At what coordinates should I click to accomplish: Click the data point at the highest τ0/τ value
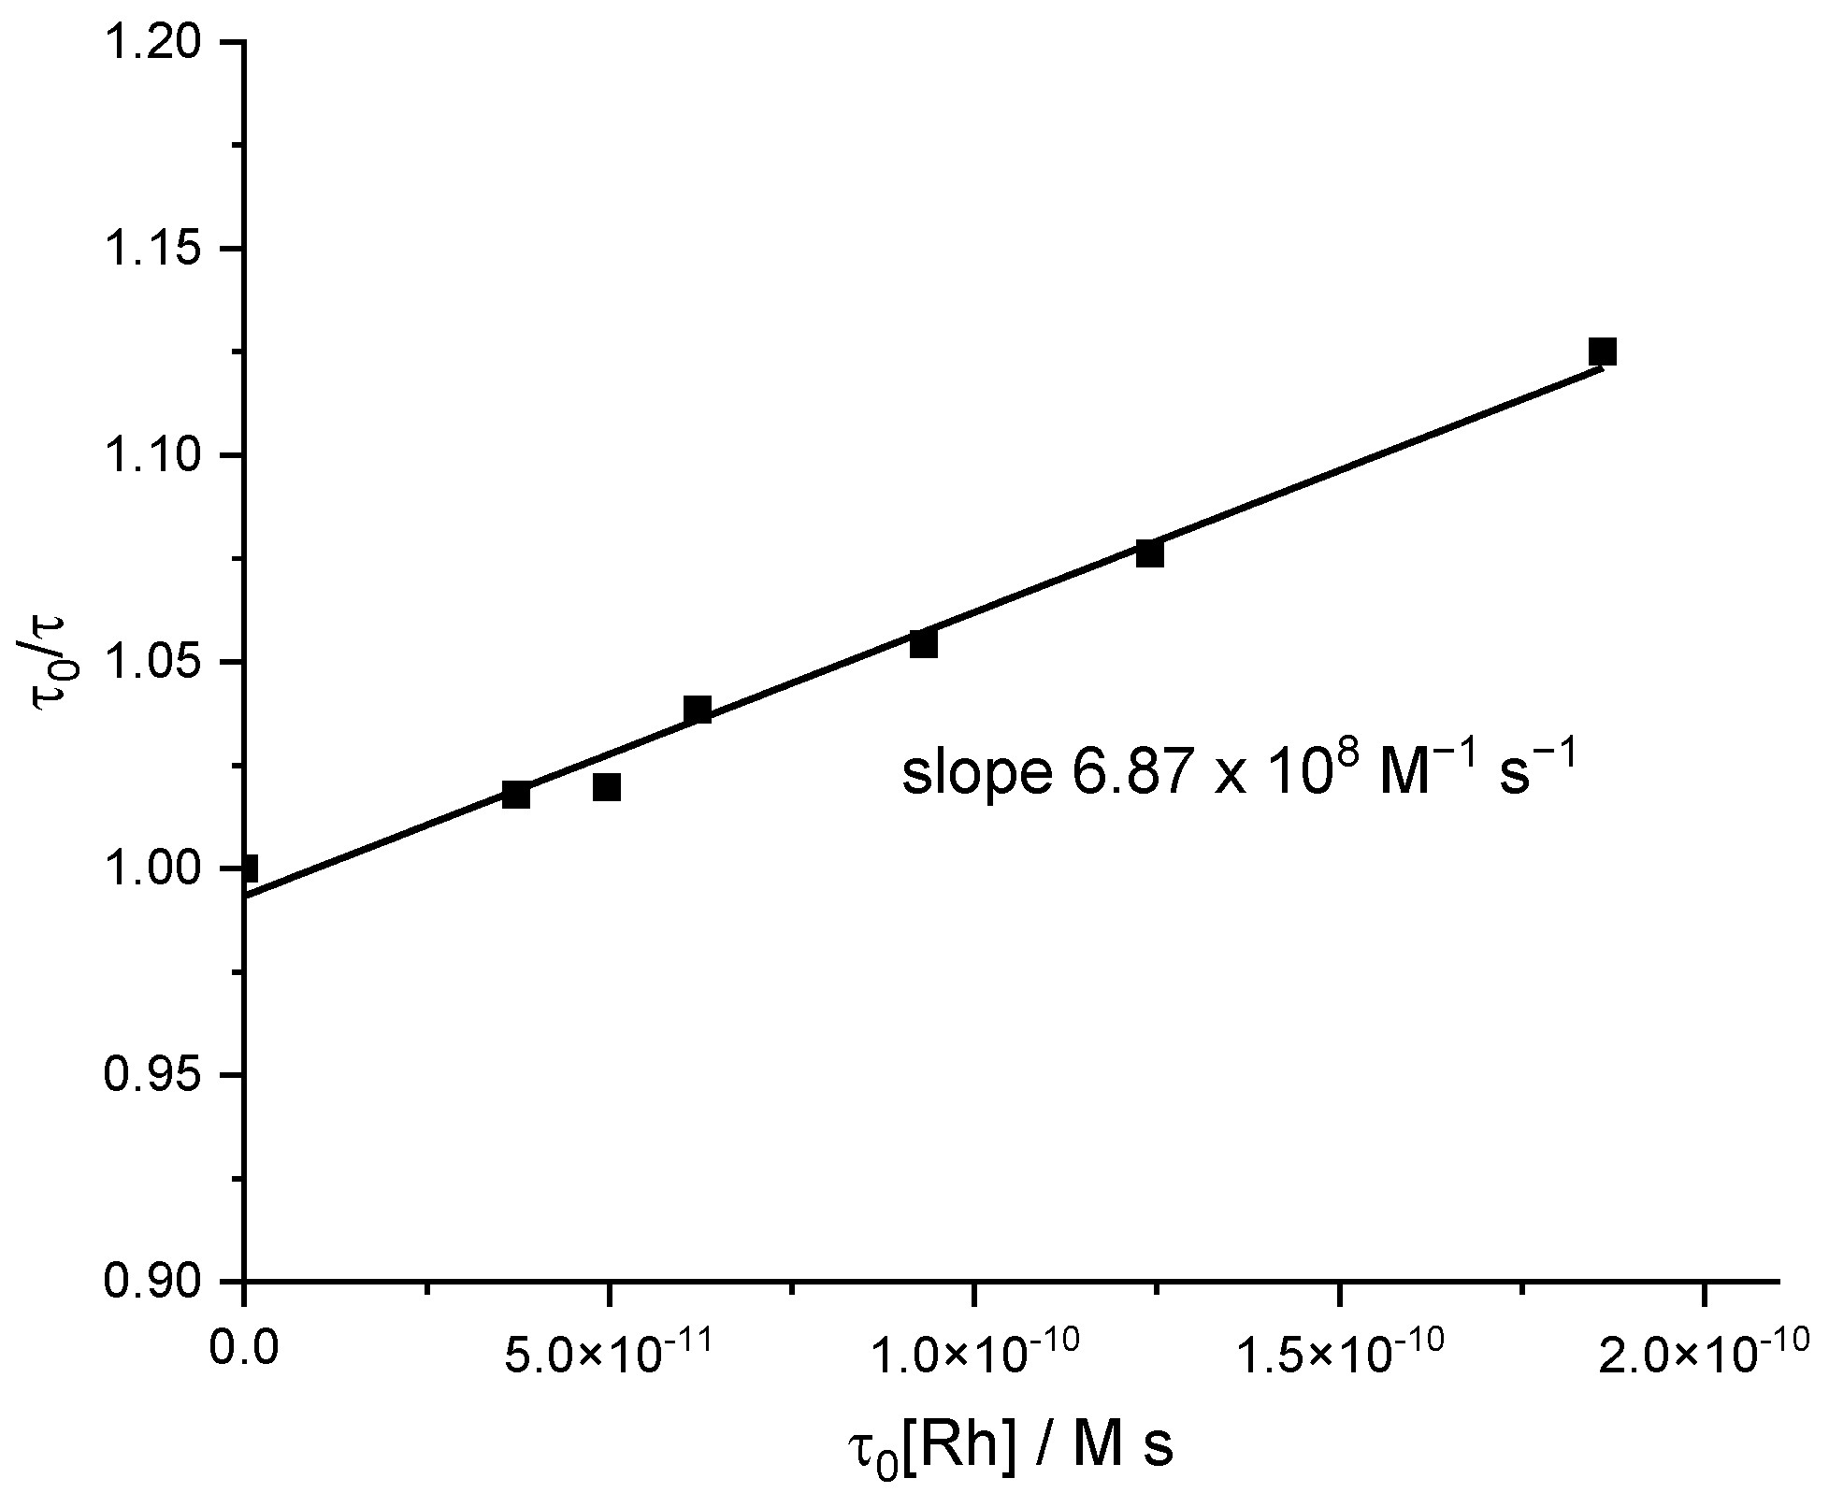[1602, 352]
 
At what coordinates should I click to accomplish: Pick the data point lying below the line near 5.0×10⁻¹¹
[607, 787]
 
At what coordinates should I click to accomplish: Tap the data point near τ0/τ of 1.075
[1149, 553]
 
